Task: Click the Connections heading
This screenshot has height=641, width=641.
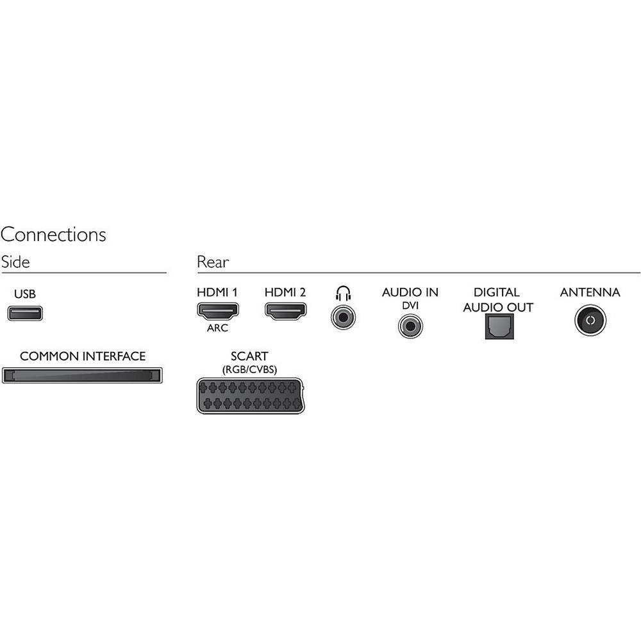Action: pyautogui.click(x=53, y=235)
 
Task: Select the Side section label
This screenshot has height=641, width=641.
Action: pyautogui.click(x=15, y=262)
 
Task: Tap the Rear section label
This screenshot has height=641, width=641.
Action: pyautogui.click(x=213, y=262)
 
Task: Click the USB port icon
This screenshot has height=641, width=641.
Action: pyautogui.click(x=25, y=313)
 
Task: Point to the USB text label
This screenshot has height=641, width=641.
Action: pyautogui.click(x=25, y=294)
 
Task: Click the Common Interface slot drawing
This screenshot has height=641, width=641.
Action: pyautogui.click(x=82, y=375)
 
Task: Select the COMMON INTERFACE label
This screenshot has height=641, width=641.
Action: pyautogui.click(x=83, y=356)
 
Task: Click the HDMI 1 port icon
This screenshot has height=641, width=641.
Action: pyautogui.click(x=218, y=312)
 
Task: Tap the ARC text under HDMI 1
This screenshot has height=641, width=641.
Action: pyautogui.click(x=217, y=328)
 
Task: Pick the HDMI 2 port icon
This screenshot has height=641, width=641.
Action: pyautogui.click(x=286, y=312)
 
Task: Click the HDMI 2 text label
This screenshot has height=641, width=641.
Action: pyautogui.click(x=285, y=292)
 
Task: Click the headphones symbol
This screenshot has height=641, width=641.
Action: pyautogui.click(x=343, y=293)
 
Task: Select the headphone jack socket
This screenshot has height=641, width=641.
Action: pyautogui.click(x=343, y=317)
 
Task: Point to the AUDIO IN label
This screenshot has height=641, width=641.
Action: pyautogui.click(x=410, y=292)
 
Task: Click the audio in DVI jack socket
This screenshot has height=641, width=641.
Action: pyautogui.click(x=410, y=326)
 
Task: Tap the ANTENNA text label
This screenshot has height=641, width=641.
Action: pyautogui.click(x=590, y=292)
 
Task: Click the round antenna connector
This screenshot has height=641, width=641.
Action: pyautogui.click(x=590, y=320)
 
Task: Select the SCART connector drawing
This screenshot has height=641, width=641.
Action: pyautogui.click(x=251, y=396)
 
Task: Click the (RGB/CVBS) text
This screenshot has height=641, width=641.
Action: pyautogui.click(x=249, y=370)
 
